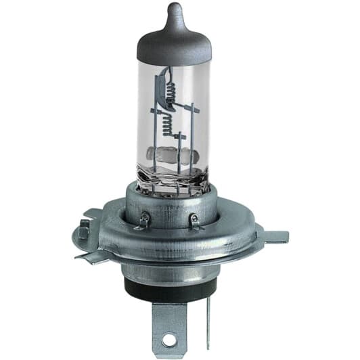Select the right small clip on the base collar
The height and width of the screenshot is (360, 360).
pos(194,220)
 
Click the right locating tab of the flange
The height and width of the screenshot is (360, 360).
pos(274,236)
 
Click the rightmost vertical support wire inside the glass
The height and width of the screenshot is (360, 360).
pos(194,135)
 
